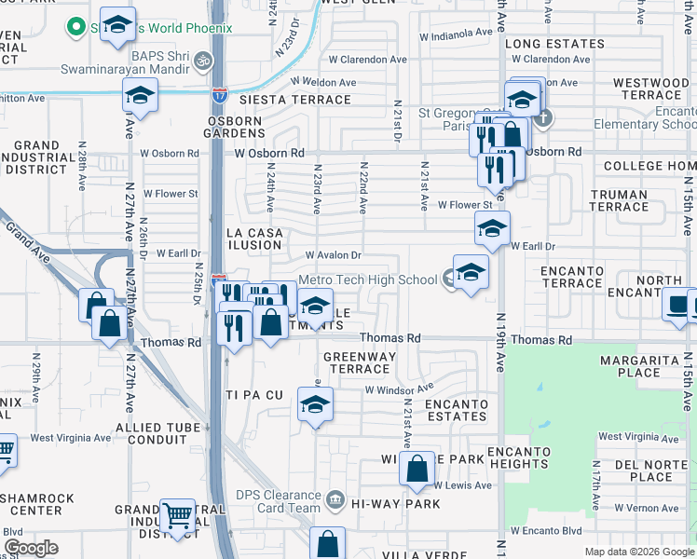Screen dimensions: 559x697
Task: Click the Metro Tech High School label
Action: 367,279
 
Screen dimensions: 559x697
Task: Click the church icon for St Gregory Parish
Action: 544,117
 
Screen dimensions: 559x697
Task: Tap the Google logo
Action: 31,548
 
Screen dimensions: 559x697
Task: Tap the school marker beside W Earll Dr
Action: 492,228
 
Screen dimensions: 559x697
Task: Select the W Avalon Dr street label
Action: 333,255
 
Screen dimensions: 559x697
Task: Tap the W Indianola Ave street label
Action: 455,34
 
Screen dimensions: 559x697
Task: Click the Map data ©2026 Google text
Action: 638,552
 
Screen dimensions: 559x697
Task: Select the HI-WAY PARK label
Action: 395,503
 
